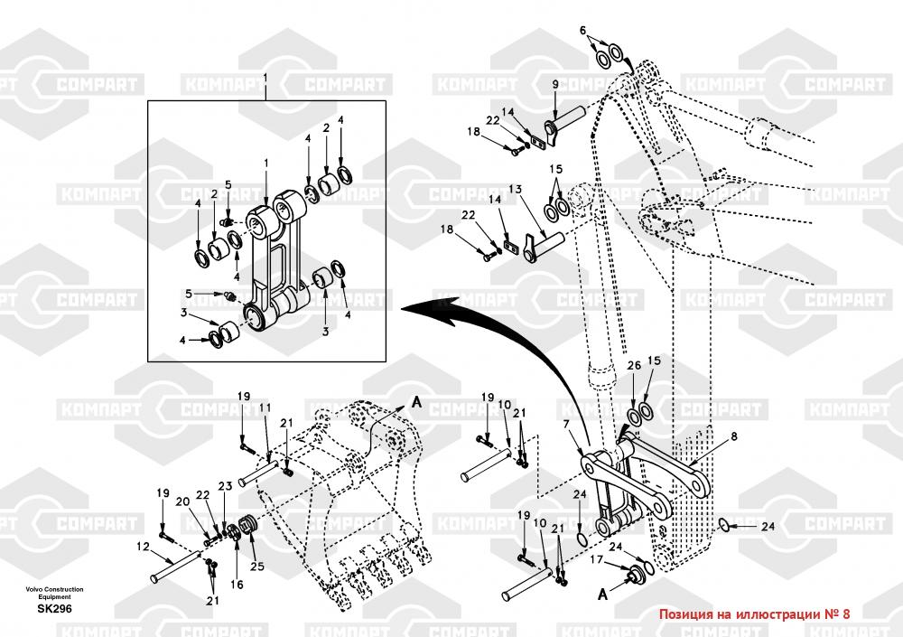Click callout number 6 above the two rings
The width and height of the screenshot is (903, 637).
click(582, 30)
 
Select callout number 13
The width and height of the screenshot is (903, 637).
click(515, 189)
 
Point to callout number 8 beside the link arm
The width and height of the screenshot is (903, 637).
click(733, 436)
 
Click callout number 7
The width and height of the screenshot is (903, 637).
click(565, 424)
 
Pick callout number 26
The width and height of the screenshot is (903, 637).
click(633, 365)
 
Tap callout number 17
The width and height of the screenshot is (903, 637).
click(597, 560)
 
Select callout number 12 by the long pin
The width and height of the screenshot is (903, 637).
click(143, 546)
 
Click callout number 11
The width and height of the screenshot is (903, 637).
click(265, 408)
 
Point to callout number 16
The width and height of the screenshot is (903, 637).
click(237, 585)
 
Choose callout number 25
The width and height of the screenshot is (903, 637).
click(257, 567)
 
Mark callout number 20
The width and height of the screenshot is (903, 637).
click(182, 501)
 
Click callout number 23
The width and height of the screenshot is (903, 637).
click(225, 486)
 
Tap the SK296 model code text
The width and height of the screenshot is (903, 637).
click(54, 609)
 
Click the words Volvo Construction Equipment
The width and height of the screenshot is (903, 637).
click(54, 593)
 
